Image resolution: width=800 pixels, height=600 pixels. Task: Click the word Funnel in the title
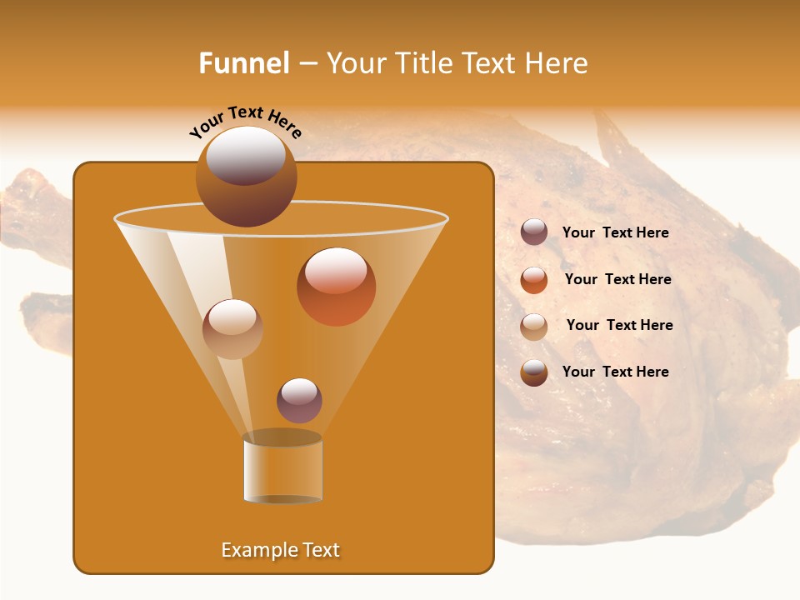pos(243,63)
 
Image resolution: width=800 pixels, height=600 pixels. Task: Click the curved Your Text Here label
pos(245,121)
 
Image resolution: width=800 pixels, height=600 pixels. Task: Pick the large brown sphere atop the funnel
pos(246,177)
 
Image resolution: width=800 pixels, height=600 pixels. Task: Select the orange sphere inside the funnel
pos(336,287)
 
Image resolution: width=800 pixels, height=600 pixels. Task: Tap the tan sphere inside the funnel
pos(232,328)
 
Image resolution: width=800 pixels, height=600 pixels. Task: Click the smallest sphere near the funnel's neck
pos(299,400)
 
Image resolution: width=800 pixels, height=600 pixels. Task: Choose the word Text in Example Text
pos(321,550)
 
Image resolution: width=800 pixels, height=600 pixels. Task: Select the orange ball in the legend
pos(534,280)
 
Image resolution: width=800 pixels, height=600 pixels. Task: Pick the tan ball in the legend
pos(534,327)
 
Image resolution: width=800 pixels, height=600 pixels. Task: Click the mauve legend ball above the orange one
pos(534,232)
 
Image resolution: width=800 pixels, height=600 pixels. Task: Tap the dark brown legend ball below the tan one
pos(534,372)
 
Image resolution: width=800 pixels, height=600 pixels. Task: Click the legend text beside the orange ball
pos(617,279)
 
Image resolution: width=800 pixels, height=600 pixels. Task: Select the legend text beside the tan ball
pos(619,325)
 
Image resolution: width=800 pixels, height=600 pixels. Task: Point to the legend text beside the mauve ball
pos(615,232)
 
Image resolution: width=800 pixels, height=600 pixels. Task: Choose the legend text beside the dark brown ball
pos(615,372)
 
